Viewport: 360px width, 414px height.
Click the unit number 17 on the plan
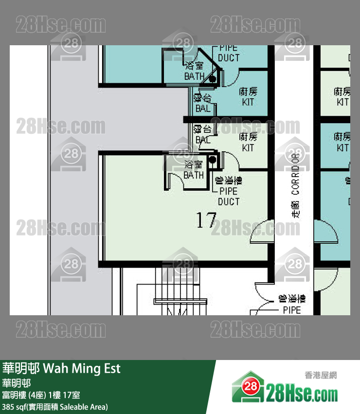(x=206, y=220)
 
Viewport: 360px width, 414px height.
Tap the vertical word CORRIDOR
(x=295, y=175)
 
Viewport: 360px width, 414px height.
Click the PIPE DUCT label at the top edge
(x=229, y=53)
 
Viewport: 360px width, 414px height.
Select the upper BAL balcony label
(x=203, y=103)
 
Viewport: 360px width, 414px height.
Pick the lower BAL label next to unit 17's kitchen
(x=203, y=135)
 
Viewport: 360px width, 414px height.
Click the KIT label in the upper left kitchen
(x=248, y=97)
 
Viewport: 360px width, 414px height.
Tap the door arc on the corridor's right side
(x=325, y=233)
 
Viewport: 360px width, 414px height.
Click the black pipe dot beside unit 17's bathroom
(x=212, y=160)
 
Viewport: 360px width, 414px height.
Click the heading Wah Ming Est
(x=82, y=368)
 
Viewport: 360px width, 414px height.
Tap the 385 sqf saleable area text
(x=54, y=406)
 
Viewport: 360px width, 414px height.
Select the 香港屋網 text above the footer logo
(x=321, y=375)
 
